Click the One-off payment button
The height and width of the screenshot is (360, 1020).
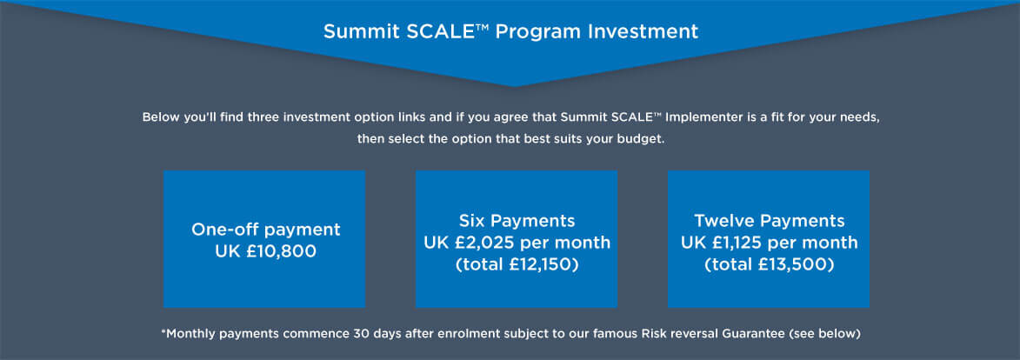(264, 239)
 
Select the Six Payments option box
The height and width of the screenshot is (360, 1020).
(517, 239)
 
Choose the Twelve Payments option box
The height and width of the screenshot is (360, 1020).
(768, 239)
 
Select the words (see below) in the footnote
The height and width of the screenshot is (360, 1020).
(825, 334)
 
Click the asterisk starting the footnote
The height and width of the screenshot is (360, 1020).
(163, 331)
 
